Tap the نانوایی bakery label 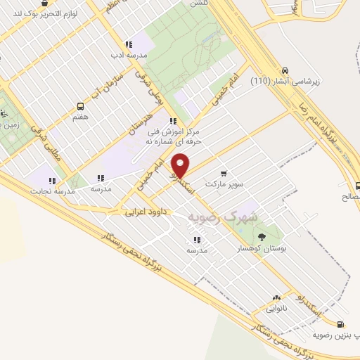tap(276, 308)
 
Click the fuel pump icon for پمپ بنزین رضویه tap(341, 324)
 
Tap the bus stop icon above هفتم tap(80, 106)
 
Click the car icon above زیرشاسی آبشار tap(285, 70)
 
